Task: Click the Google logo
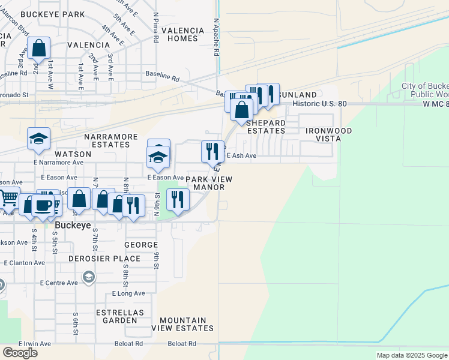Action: coord(19,353)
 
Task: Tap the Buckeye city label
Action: coord(72,226)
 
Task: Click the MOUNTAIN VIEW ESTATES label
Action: coord(182,324)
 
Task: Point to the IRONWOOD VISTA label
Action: coord(328,134)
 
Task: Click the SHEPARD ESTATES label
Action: coord(266,126)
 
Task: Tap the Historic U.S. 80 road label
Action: coord(320,104)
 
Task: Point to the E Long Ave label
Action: coord(128,293)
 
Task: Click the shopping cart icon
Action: coord(8,197)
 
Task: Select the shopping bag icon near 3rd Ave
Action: coord(38,49)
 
